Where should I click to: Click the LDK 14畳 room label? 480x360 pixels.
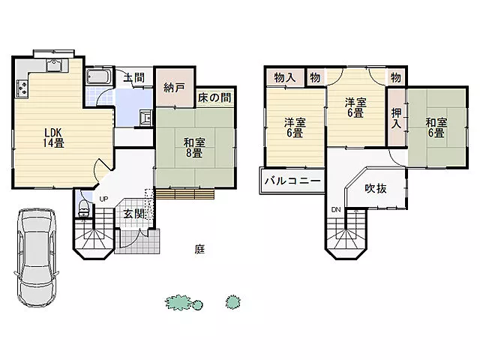click(53, 138)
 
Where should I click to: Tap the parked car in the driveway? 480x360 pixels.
click(37, 258)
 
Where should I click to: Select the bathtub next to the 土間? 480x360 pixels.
click(98, 76)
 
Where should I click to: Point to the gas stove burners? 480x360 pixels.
click(22, 87)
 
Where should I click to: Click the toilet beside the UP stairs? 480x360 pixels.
click(83, 208)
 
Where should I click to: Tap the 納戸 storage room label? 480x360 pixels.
click(174, 88)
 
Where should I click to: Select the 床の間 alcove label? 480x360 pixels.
click(214, 97)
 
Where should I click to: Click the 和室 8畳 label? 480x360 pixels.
click(194, 148)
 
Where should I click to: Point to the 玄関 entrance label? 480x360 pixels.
click(134, 214)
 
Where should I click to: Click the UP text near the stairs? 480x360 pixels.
click(103, 199)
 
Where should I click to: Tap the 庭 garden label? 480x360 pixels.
click(199, 249)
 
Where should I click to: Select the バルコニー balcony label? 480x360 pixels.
click(292, 181)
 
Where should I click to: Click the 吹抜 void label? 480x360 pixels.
click(376, 188)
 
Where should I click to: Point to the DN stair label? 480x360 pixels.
click(336, 210)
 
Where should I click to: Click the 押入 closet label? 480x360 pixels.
click(397, 118)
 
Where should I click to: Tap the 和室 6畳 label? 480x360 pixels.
click(436, 127)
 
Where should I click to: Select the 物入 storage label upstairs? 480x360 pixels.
click(285, 77)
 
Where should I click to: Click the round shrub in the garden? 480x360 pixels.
click(233, 302)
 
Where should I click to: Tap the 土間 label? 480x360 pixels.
click(134, 77)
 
